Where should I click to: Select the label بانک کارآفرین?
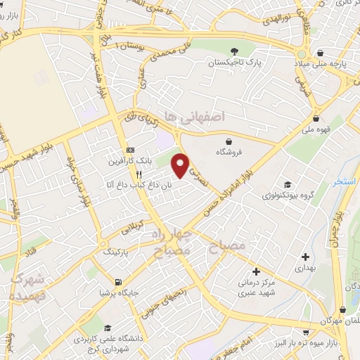pyautogui.click(x=124, y=161)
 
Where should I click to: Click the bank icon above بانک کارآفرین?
pyautogui.click(x=130, y=150)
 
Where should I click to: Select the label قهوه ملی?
pyautogui.click(x=315, y=129)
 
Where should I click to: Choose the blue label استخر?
pyautogui.click(x=345, y=181)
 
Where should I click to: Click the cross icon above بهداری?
pyautogui.click(x=304, y=257)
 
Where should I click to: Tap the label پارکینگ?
pyautogui.click(x=116, y=250)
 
